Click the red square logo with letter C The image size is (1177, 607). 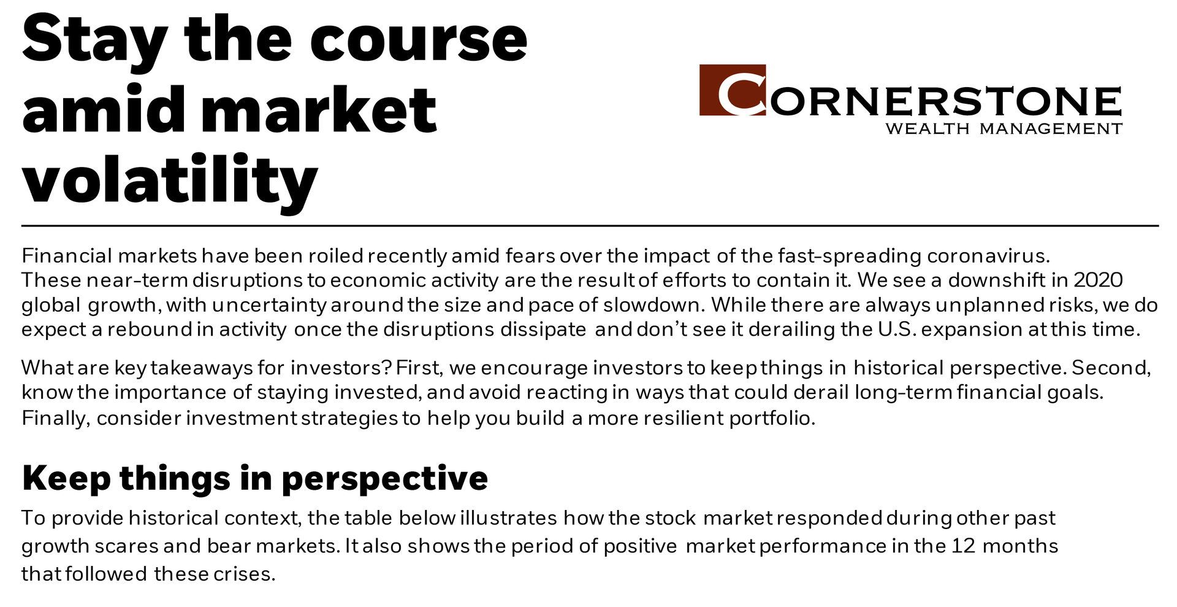pyautogui.click(x=733, y=90)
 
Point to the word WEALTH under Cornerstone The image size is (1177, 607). pyautogui.click(x=928, y=129)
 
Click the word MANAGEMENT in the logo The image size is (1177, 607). pyautogui.click(x=1051, y=129)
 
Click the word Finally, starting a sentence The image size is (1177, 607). pyautogui.click(x=56, y=418)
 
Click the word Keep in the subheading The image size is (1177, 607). pyautogui.click(x=66, y=479)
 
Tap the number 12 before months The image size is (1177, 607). pyautogui.click(x=963, y=546)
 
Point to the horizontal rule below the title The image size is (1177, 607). pyautogui.click(x=590, y=226)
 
